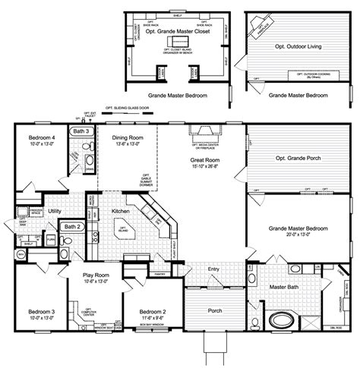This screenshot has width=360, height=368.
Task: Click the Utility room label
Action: (x=55, y=210)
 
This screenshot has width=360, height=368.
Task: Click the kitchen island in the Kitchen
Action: (x=122, y=229)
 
